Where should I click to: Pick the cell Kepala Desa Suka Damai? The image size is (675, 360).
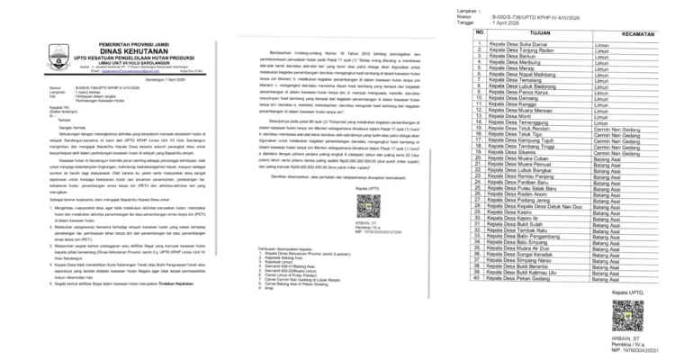(x=515, y=42)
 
